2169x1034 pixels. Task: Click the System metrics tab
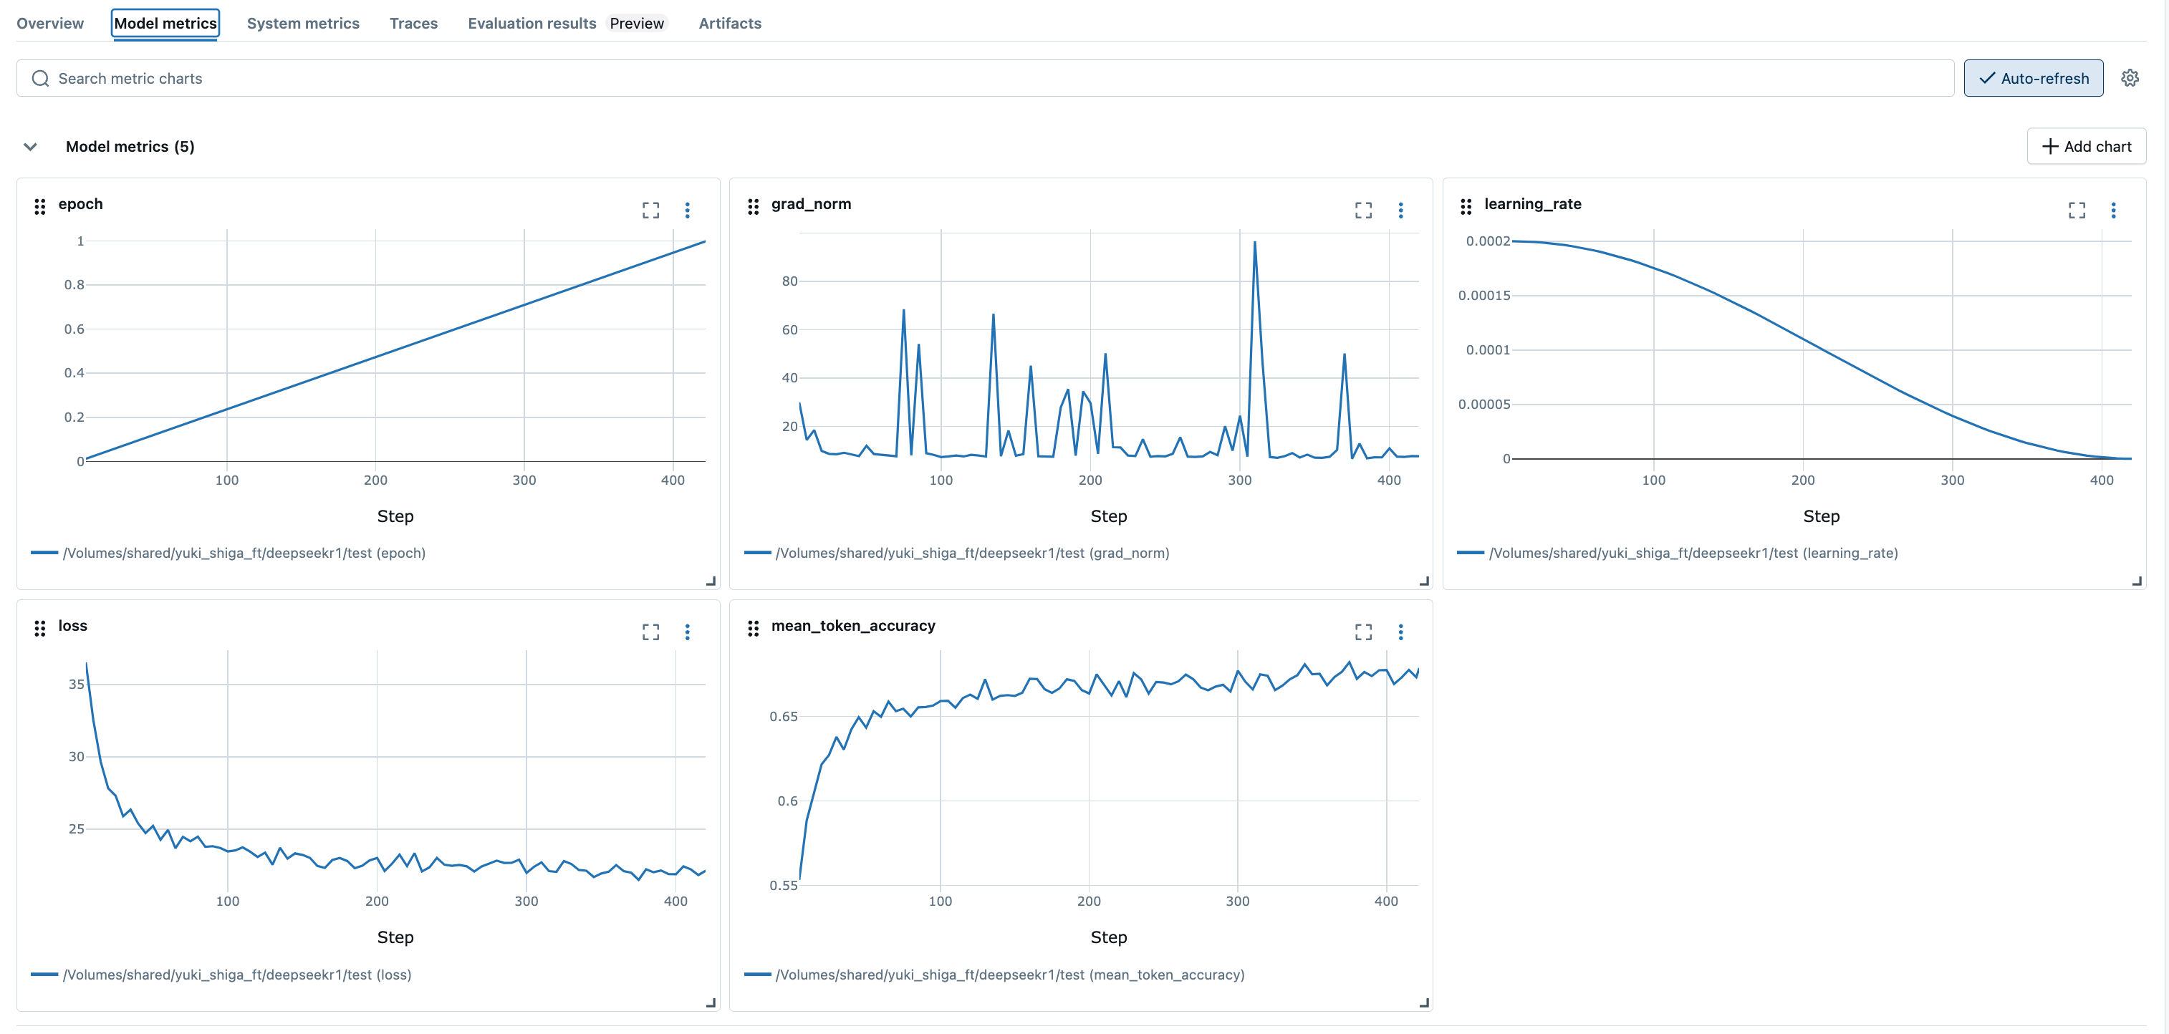click(302, 24)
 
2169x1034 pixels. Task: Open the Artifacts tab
click(729, 24)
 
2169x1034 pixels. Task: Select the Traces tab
click(413, 24)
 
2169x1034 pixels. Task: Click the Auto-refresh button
click(2033, 78)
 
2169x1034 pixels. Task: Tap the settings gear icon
click(2130, 78)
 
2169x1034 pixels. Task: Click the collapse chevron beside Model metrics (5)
click(30, 147)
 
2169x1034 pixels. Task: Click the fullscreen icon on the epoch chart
click(650, 210)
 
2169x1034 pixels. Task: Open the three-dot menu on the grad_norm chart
click(1400, 210)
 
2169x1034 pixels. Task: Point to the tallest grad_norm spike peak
click(1254, 243)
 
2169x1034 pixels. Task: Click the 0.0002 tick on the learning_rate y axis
click(1488, 241)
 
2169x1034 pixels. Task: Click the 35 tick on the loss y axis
click(77, 685)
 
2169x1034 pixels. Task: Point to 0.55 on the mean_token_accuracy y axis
click(783, 885)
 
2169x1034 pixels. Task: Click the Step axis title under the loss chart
click(395, 937)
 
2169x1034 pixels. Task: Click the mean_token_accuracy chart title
click(853, 626)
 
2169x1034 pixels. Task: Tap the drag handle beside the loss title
click(39, 628)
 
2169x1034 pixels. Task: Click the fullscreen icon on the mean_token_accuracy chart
click(1363, 632)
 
